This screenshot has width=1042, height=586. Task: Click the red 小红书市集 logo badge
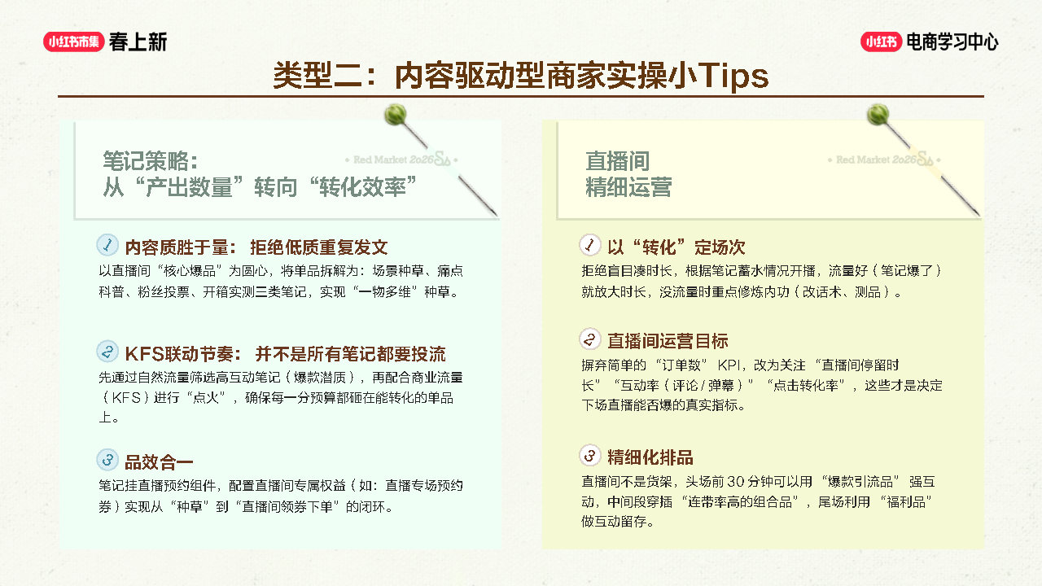click(x=73, y=42)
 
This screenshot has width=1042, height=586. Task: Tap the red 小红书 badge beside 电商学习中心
click(x=881, y=42)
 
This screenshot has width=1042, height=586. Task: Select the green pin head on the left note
click(x=396, y=115)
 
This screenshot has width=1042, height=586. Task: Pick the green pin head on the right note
click(x=878, y=115)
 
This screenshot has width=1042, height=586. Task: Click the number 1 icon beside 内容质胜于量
click(x=107, y=245)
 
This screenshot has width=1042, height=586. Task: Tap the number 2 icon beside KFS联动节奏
click(x=107, y=351)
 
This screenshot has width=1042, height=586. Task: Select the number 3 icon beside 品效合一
click(x=107, y=460)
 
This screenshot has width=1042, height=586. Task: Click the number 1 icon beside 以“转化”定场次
click(x=590, y=245)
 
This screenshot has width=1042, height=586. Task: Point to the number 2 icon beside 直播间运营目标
click(x=590, y=339)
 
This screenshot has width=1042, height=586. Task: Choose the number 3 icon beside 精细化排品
click(x=590, y=455)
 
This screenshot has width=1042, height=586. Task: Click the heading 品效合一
click(x=159, y=462)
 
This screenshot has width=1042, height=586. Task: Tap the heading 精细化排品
click(x=650, y=457)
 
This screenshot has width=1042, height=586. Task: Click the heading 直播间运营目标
click(x=668, y=341)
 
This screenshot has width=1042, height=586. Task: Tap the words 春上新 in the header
click(x=138, y=42)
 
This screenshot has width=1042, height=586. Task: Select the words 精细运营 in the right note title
click(x=628, y=187)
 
